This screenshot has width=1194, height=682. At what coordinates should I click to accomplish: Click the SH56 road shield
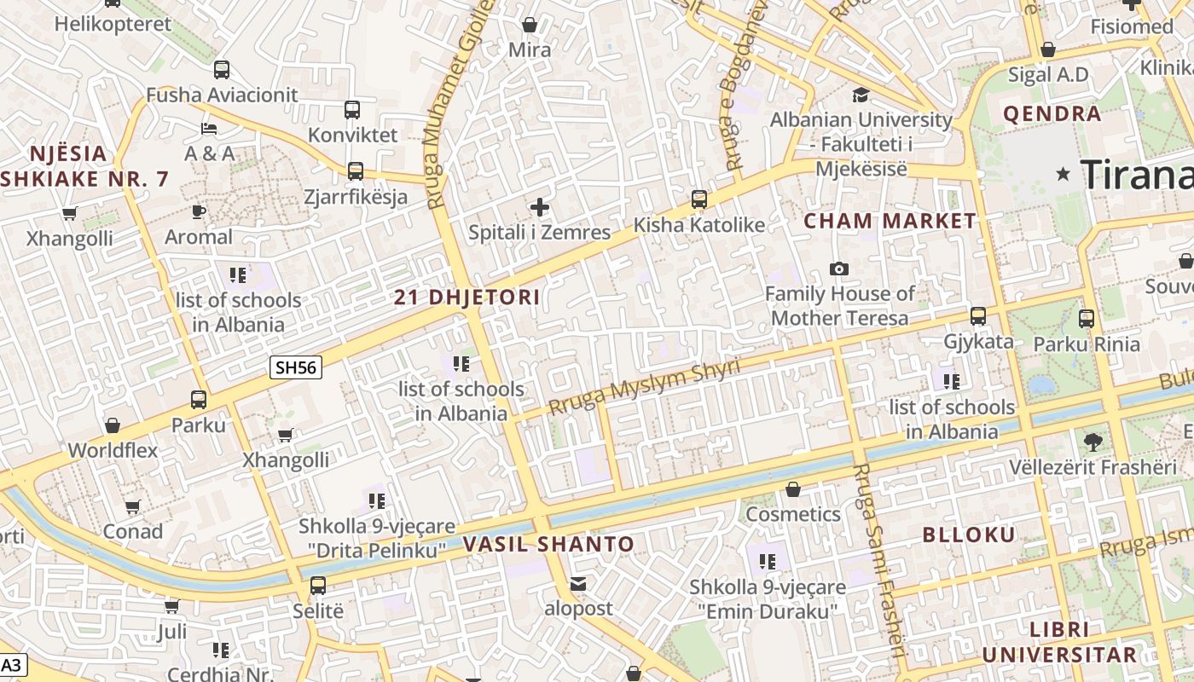click(296, 367)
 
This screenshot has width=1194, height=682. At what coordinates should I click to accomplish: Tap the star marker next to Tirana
click(1063, 175)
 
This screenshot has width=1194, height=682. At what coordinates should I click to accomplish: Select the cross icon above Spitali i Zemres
click(539, 207)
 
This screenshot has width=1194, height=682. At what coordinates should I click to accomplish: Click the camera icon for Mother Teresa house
click(839, 269)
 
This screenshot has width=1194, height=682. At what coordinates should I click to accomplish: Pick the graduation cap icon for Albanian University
click(861, 95)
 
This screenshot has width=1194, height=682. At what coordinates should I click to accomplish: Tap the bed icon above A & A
click(209, 129)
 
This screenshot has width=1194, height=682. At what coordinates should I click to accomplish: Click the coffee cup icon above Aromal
click(199, 211)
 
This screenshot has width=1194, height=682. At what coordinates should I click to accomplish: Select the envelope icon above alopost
click(578, 584)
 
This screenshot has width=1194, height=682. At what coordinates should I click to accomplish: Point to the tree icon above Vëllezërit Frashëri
click(1093, 442)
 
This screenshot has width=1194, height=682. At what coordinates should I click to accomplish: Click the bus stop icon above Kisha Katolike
click(699, 199)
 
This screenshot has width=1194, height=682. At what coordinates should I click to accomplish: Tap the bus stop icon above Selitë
click(318, 586)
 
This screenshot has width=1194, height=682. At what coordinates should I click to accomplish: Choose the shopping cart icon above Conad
click(132, 506)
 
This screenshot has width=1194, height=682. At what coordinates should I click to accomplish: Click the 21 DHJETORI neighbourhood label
click(467, 298)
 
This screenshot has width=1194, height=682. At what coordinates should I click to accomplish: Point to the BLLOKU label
click(970, 535)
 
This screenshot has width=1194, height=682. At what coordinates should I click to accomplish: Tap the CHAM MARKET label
click(890, 222)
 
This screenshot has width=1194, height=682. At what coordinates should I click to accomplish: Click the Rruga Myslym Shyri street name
click(644, 387)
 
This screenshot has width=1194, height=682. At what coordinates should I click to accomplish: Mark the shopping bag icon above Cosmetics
click(793, 489)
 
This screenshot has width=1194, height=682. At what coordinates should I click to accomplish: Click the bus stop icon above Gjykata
click(978, 316)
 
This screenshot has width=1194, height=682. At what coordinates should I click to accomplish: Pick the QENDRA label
click(1052, 114)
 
